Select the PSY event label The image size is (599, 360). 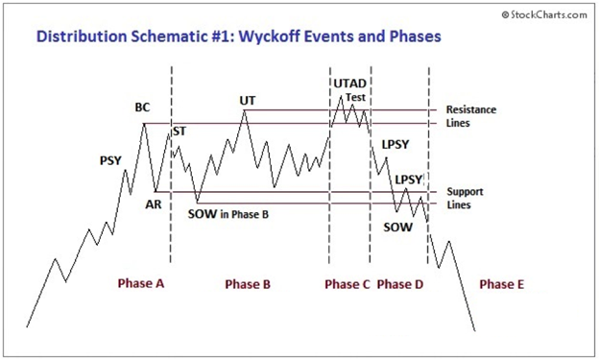[x=110, y=160]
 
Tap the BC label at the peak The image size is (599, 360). [x=143, y=108]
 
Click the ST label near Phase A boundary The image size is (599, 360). [x=179, y=131]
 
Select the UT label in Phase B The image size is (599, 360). [x=248, y=100]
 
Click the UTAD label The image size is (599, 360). [x=349, y=84]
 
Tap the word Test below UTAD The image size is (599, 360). [x=354, y=97]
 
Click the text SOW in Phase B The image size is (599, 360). [x=228, y=214]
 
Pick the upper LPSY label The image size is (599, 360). [x=395, y=144]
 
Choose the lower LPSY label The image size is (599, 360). [x=409, y=180]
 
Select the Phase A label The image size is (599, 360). [x=141, y=284]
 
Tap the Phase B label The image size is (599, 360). [x=248, y=284]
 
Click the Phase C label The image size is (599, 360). [x=347, y=284]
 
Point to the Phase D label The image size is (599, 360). [x=399, y=284]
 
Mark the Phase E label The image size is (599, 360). [x=502, y=284]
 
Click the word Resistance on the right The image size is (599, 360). [x=470, y=110]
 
